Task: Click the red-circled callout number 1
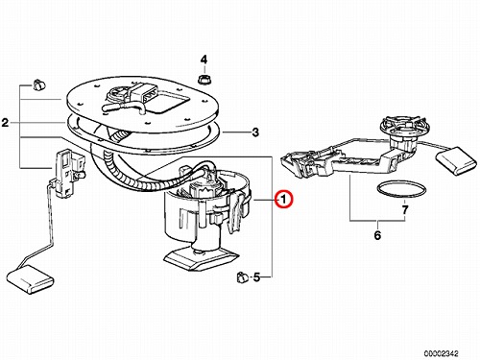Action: coord(283,199)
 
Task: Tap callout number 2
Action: coord(5,123)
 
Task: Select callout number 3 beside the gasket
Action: coord(255,132)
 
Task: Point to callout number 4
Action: coord(204,60)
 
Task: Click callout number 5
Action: coord(256,277)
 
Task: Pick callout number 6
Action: coord(377,235)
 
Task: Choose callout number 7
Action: coord(405,210)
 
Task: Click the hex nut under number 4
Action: coord(204,80)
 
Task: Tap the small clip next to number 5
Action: coord(243,277)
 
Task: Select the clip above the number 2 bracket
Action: coord(39,84)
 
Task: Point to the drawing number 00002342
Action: coord(441,353)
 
